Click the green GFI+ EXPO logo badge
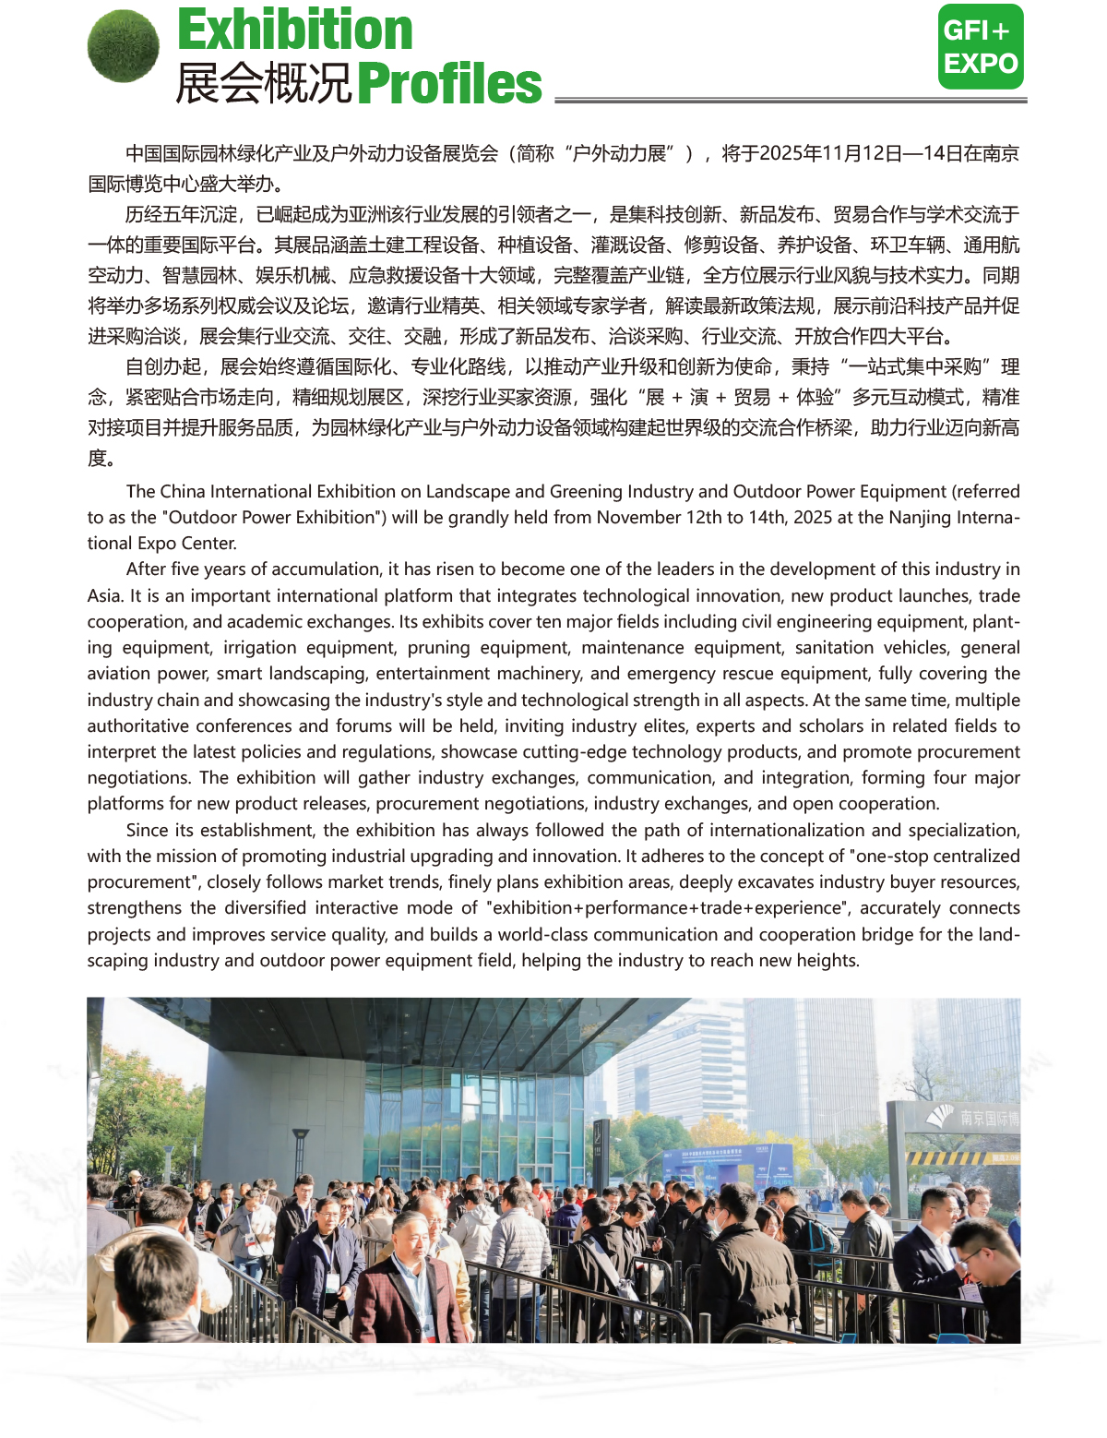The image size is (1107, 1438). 981,47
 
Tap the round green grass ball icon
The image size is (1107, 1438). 124,46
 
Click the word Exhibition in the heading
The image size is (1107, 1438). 295,30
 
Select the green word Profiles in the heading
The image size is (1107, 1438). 449,84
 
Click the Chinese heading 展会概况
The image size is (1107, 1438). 264,84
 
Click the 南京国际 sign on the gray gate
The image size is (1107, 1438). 987,1118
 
